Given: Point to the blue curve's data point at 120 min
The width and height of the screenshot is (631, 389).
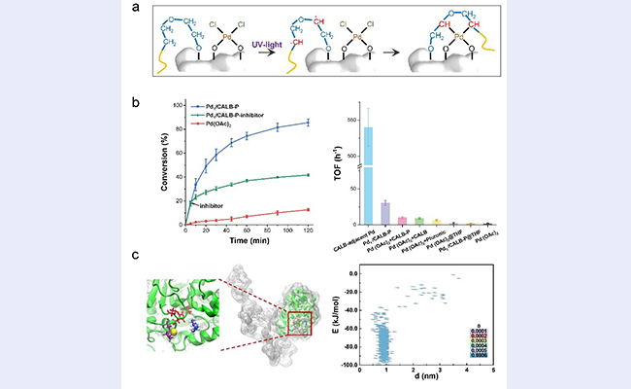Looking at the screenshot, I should click(308, 122).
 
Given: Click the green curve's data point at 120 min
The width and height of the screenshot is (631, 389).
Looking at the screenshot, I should click(308, 175).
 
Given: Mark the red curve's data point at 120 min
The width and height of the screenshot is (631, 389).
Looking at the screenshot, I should click(308, 209).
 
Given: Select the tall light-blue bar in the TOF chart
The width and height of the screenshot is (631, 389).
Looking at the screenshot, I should click(368, 165).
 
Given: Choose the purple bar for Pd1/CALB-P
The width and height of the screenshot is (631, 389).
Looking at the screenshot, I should click(384, 214).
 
